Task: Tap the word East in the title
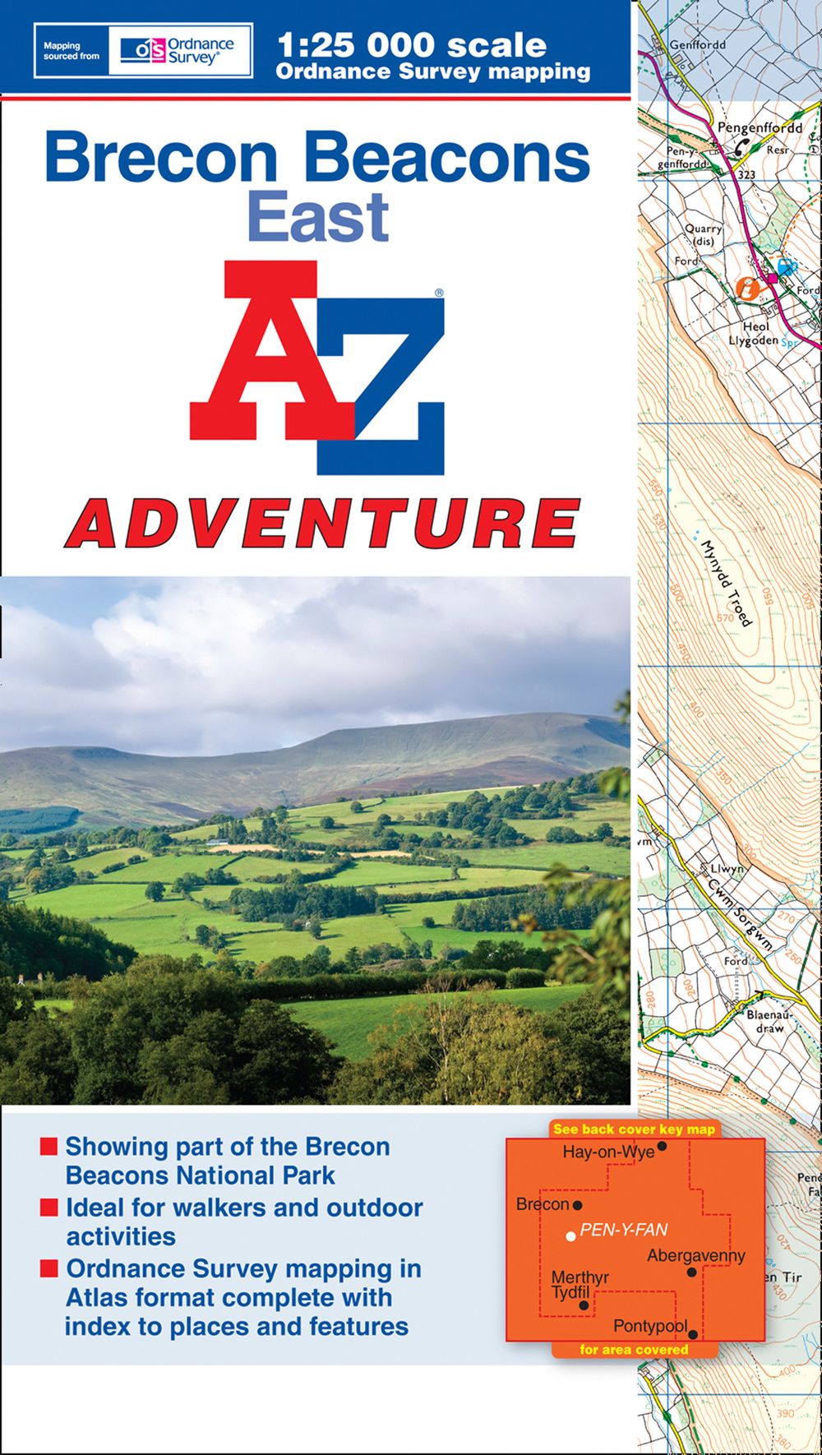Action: tap(317, 217)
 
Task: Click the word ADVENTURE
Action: tap(322, 523)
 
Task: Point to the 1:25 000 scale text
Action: tap(411, 44)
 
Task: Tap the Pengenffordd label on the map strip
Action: tap(760, 128)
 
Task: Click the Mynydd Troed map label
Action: tap(726, 583)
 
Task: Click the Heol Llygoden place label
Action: tap(751, 333)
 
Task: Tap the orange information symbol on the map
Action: tap(747, 287)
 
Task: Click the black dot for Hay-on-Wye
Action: tap(662, 1145)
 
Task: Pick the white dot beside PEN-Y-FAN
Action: tap(570, 1236)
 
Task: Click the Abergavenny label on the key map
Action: tap(695, 1255)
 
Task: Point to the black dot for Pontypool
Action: tap(693, 1335)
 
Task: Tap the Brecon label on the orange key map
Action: tap(543, 1204)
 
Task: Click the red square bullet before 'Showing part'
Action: tap(49, 1146)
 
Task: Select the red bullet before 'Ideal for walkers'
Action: tap(49, 1207)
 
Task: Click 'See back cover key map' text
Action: tap(634, 1129)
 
